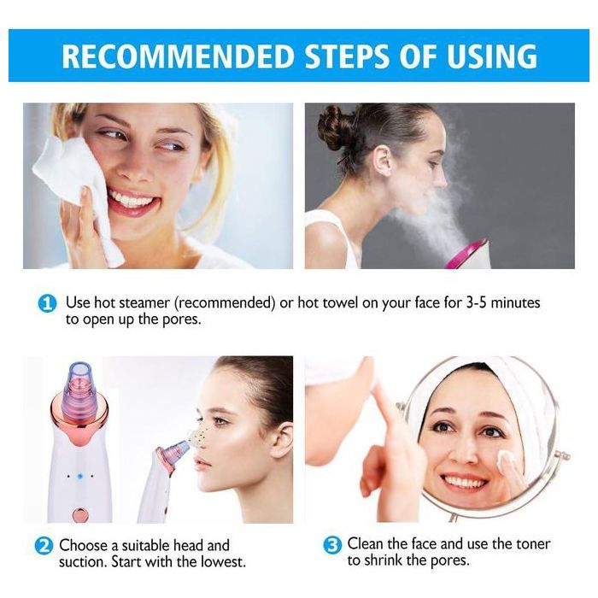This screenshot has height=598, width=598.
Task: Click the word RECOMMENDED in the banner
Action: click(171, 56)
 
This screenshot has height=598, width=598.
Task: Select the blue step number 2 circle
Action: click(44, 545)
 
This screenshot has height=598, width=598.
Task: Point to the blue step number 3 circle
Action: click(332, 545)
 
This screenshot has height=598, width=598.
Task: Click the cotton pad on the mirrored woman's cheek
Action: click(503, 458)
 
